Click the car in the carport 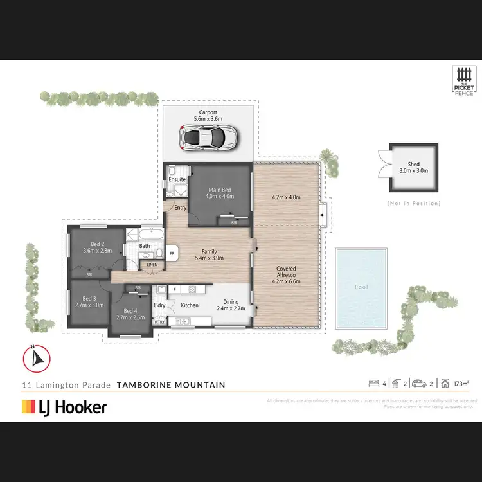[209, 137]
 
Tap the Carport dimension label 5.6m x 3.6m [209, 119]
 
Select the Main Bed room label [220, 190]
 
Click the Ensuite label [178, 179]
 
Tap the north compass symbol [36, 358]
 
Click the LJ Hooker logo [64, 406]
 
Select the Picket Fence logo [463, 81]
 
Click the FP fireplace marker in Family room [172, 253]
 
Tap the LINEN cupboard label [152, 264]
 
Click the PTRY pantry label [159, 321]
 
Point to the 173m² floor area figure [460, 384]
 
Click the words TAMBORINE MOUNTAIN [171, 385]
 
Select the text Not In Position [414, 203]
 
